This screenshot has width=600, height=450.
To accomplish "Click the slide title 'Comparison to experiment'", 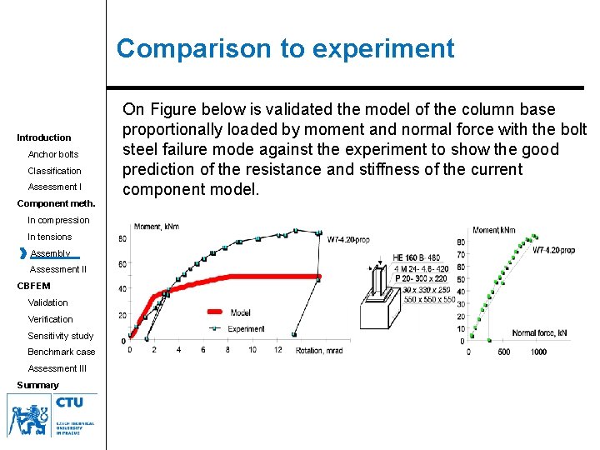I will [285, 48].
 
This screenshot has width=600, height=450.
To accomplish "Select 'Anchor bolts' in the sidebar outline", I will [53, 154].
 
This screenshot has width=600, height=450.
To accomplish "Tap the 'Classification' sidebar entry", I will [55, 171].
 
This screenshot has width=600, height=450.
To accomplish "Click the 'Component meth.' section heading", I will [57, 203].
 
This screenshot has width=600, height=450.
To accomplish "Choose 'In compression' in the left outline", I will [58, 220].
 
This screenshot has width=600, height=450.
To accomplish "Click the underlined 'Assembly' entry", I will [51, 253].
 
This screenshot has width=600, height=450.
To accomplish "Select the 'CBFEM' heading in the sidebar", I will [33, 286].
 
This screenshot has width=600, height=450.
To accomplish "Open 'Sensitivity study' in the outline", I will [61, 336].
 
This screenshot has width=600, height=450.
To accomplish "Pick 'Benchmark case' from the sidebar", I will [62, 352].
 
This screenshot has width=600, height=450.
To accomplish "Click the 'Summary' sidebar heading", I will [37, 385].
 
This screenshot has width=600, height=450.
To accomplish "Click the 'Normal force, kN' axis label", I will [541, 333].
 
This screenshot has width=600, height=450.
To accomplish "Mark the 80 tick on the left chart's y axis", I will [122, 239].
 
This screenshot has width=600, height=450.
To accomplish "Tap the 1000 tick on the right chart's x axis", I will [538, 352].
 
